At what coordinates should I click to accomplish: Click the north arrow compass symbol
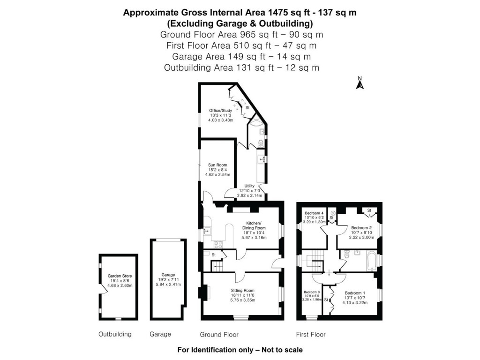[360, 83]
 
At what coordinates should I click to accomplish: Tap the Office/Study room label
[220, 111]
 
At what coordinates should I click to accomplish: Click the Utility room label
[249, 186]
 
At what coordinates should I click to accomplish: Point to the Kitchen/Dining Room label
[256, 225]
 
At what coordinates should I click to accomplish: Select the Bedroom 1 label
[354, 292]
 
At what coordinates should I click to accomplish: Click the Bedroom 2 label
[361, 228]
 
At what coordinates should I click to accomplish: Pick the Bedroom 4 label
[314, 213]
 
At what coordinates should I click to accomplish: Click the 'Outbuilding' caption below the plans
[115, 334]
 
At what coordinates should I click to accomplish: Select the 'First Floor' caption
[311, 334]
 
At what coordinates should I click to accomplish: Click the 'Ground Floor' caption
[219, 334]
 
